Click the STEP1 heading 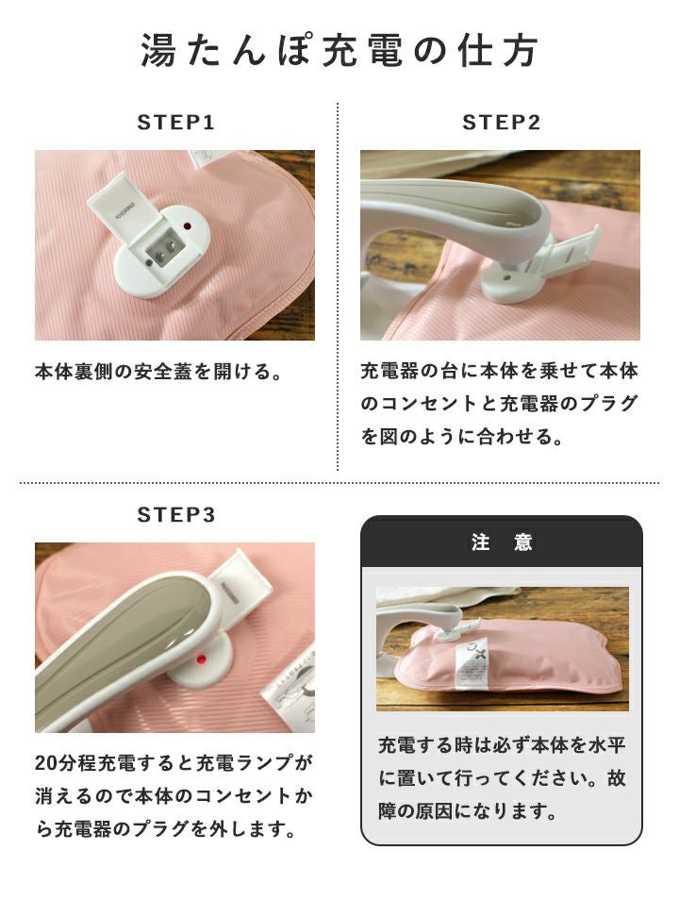point(175,123)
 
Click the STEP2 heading point(501,123)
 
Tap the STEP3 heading point(175,515)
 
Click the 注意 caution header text point(502,542)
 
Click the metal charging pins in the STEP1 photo point(162,248)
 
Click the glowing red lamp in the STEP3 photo point(202,658)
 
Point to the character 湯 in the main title point(157,51)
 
